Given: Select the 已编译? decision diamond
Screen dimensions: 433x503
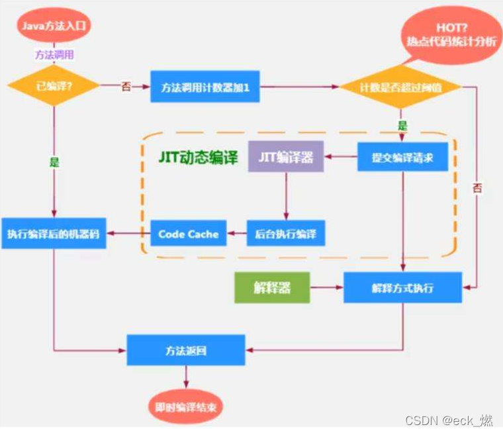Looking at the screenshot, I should (54, 87).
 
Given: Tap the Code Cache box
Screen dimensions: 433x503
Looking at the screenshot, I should (189, 234).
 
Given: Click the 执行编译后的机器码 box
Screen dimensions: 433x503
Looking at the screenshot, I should (54, 234).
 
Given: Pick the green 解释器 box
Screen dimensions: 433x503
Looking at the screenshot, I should (272, 289).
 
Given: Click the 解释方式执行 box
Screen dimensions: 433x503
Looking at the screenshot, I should (402, 289).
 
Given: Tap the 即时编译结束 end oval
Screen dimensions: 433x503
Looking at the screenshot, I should (186, 405).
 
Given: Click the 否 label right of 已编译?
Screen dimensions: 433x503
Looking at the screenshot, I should (125, 87).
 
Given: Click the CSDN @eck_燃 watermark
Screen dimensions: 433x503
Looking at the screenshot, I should (450, 420).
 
